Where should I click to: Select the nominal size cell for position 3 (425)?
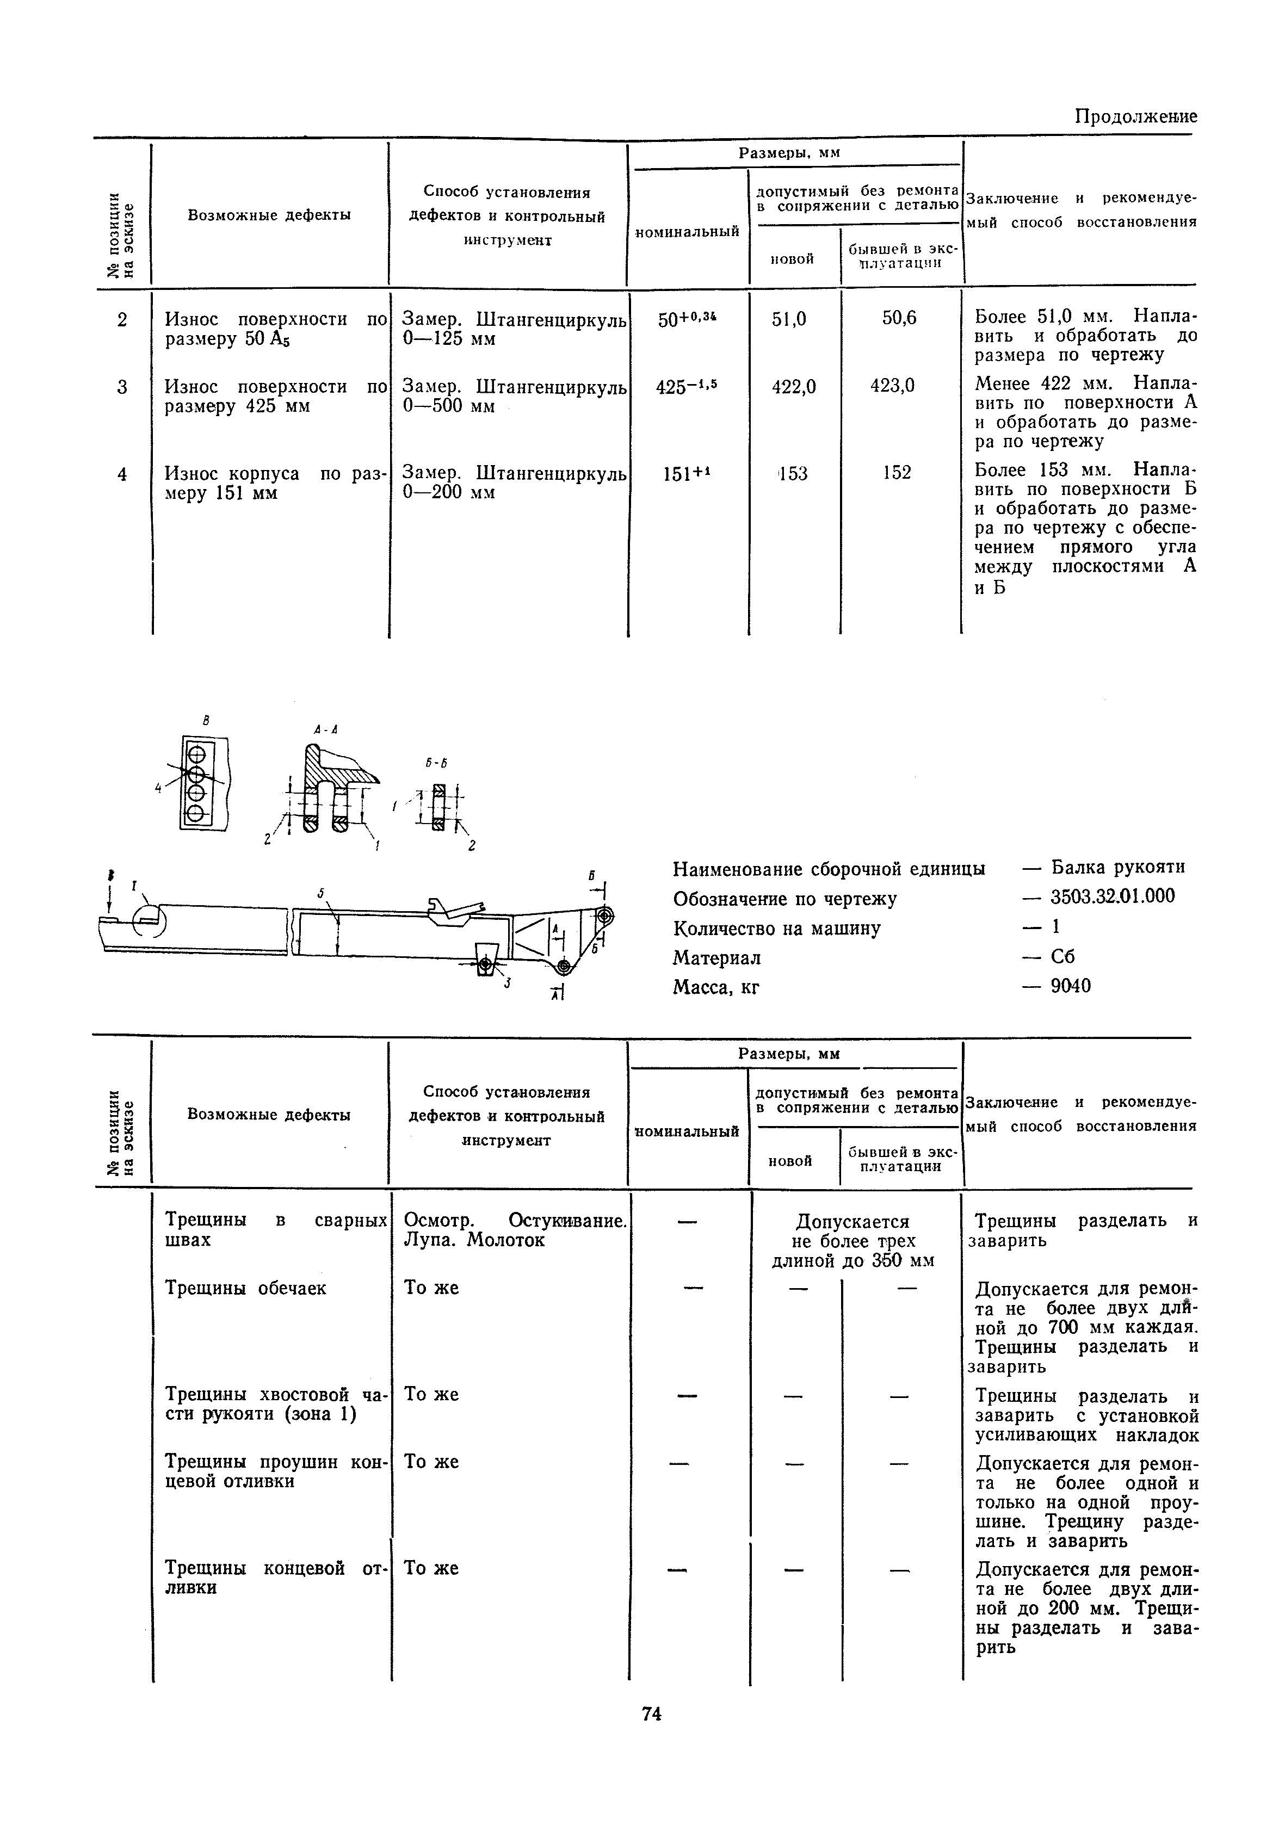coord(685,387)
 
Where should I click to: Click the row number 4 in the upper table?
coord(122,474)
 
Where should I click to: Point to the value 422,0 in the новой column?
coord(794,387)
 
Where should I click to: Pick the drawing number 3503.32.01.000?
coord(1113,896)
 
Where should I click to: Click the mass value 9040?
coord(1071,986)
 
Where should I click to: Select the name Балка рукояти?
coord(1117,867)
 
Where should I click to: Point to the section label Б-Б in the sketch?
coord(436,763)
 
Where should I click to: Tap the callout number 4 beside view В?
coord(159,788)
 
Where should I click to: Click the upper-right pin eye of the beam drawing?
coord(604,915)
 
